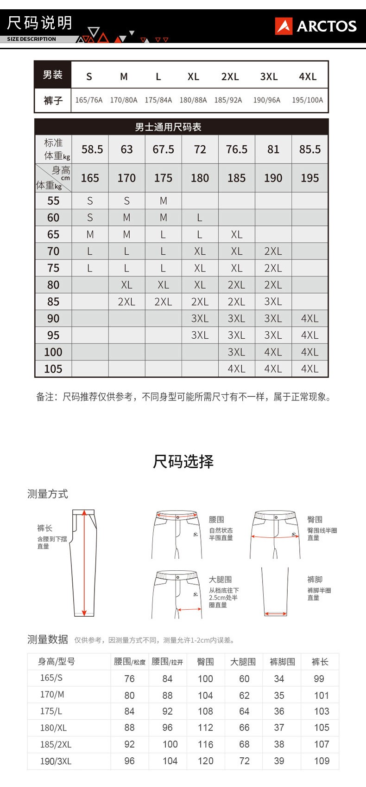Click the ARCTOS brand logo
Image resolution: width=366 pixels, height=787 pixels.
(x=316, y=26)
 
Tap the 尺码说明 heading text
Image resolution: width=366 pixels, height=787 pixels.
(x=40, y=23)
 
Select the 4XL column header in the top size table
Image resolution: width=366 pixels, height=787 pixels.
(x=308, y=77)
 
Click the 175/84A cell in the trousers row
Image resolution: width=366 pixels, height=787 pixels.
(x=158, y=100)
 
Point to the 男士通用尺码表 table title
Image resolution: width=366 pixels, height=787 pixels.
(x=168, y=127)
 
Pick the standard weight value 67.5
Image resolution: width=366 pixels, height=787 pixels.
(x=163, y=149)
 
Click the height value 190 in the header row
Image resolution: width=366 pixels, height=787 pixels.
(x=273, y=178)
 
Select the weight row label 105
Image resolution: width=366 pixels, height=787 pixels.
(x=53, y=369)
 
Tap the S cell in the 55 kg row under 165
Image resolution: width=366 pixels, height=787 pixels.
(x=90, y=201)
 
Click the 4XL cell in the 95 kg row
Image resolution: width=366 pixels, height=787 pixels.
(x=309, y=335)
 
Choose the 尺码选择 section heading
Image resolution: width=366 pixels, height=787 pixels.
(x=183, y=461)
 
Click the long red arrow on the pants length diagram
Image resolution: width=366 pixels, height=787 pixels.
(x=84, y=562)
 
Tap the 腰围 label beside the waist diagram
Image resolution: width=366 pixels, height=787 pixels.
(x=216, y=520)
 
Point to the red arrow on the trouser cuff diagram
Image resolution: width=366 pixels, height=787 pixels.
(x=276, y=614)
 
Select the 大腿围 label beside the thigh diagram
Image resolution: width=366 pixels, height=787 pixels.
(x=220, y=580)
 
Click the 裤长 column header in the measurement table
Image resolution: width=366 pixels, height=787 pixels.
(x=320, y=662)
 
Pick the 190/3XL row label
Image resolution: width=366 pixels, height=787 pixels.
(x=56, y=761)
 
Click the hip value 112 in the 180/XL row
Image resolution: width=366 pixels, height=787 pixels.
(x=205, y=728)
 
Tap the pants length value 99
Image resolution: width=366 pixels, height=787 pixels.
(x=319, y=678)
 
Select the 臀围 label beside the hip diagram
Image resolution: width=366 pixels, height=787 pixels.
(x=315, y=520)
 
